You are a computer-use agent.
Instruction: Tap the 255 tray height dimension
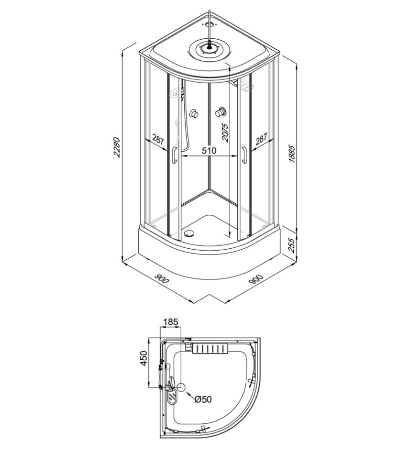click(292, 245)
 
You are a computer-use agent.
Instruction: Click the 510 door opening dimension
click(209, 150)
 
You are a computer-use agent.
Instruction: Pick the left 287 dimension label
click(158, 140)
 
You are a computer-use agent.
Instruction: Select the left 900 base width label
click(161, 279)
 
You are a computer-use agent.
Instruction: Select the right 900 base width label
click(256, 279)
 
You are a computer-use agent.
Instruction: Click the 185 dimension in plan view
click(171, 321)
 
